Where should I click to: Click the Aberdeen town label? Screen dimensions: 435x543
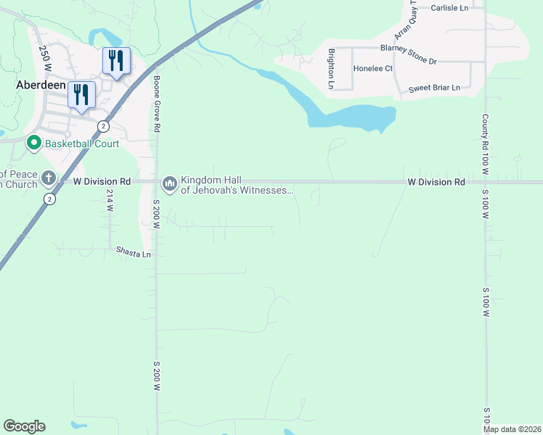click(36, 85)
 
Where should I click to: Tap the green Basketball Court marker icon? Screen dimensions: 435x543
click(33, 143)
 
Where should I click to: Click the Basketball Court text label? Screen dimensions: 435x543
click(82, 144)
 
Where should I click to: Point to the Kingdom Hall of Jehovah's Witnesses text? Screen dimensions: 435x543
click(237, 186)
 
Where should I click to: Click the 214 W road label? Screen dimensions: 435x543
click(110, 200)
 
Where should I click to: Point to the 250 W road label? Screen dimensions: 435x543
click(45, 57)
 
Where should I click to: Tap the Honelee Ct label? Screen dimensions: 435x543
click(372, 69)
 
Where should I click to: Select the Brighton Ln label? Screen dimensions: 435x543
click(331, 69)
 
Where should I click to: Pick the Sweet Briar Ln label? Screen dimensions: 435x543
click(434, 88)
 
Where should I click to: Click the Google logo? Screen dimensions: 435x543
click(24, 426)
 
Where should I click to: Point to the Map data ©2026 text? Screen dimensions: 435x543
click(512, 429)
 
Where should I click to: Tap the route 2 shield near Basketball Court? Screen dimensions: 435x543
click(104, 126)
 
